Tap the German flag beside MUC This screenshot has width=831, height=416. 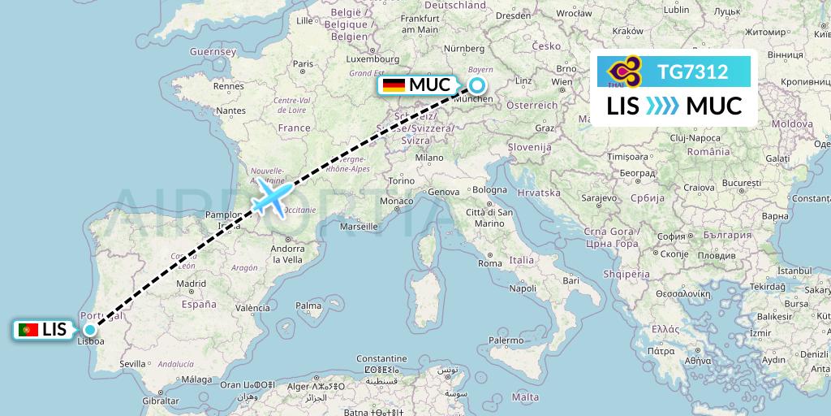pyautogui.click(x=394, y=85)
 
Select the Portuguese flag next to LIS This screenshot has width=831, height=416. pyautogui.click(x=28, y=330)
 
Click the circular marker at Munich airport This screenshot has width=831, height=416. pyautogui.click(x=477, y=85)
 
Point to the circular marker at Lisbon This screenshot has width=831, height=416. pyautogui.click(x=88, y=330)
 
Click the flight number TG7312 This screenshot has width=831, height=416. pyautogui.click(x=693, y=71)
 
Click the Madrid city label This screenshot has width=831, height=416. pyautogui.click(x=191, y=284)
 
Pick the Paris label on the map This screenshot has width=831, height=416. pyautogui.click(x=304, y=63)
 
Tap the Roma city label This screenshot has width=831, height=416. pyautogui.click(x=489, y=263)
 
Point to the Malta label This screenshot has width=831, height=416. pyautogui.click(x=526, y=396)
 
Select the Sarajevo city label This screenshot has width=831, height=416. pyautogui.click(x=599, y=197)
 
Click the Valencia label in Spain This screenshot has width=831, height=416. pyautogui.click(x=253, y=308)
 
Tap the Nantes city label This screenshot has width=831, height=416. pyautogui.click(x=230, y=110)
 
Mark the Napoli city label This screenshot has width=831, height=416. pyautogui.click(x=522, y=288)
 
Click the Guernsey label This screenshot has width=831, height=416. pyautogui.click(x=212, y=51)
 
